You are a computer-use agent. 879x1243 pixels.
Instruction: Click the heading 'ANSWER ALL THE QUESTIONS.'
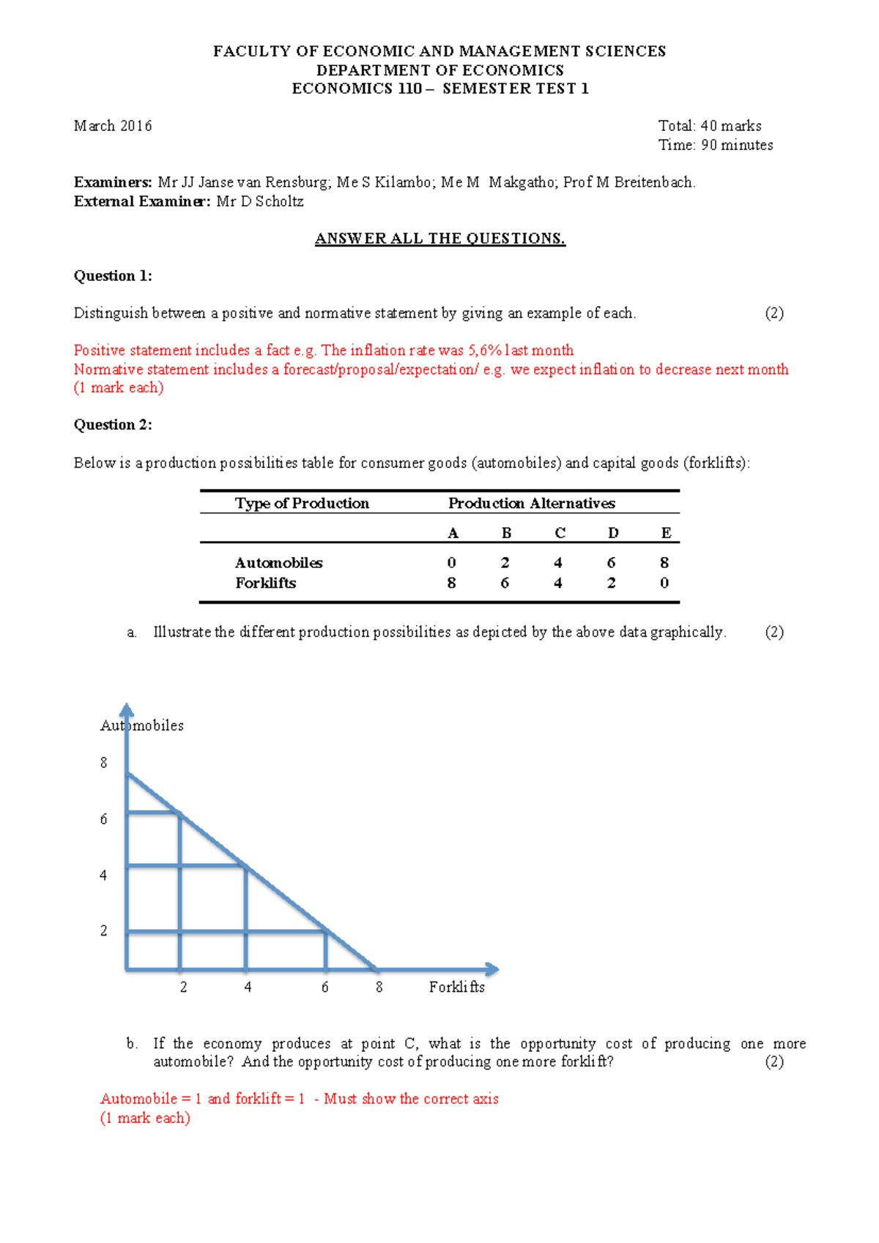point(439,239)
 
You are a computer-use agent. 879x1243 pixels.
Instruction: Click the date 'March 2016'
point(113,126)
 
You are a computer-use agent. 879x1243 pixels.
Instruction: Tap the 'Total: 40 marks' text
point(709,126)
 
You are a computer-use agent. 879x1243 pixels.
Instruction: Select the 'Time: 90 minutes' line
point(715,145)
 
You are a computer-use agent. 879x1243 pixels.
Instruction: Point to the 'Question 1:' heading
point(113,276)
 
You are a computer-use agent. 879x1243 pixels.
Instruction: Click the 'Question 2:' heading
point(113,425)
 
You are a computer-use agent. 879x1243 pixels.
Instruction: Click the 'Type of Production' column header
point(302,503)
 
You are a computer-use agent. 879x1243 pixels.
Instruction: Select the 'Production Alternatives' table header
point(531,503)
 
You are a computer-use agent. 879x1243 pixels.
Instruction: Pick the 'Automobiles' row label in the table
point(278,562)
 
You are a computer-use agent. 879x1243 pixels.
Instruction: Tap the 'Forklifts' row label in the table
point(265,583)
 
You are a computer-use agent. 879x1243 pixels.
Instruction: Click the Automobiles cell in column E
point(664,562)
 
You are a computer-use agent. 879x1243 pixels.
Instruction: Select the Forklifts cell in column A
point(451,583)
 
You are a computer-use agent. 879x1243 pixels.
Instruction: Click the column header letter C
point(560,533)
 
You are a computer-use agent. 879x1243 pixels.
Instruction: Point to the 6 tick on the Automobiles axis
point(103,819)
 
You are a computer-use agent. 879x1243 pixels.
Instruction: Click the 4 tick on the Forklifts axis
point(248,987)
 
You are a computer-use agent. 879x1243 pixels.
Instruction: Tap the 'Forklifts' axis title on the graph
point(456,987)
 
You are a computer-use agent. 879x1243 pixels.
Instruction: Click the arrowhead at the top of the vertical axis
point(127,709)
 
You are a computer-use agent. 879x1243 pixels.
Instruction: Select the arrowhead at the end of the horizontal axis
point(492,969)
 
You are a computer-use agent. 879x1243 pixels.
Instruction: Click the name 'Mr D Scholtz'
point(259,201)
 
